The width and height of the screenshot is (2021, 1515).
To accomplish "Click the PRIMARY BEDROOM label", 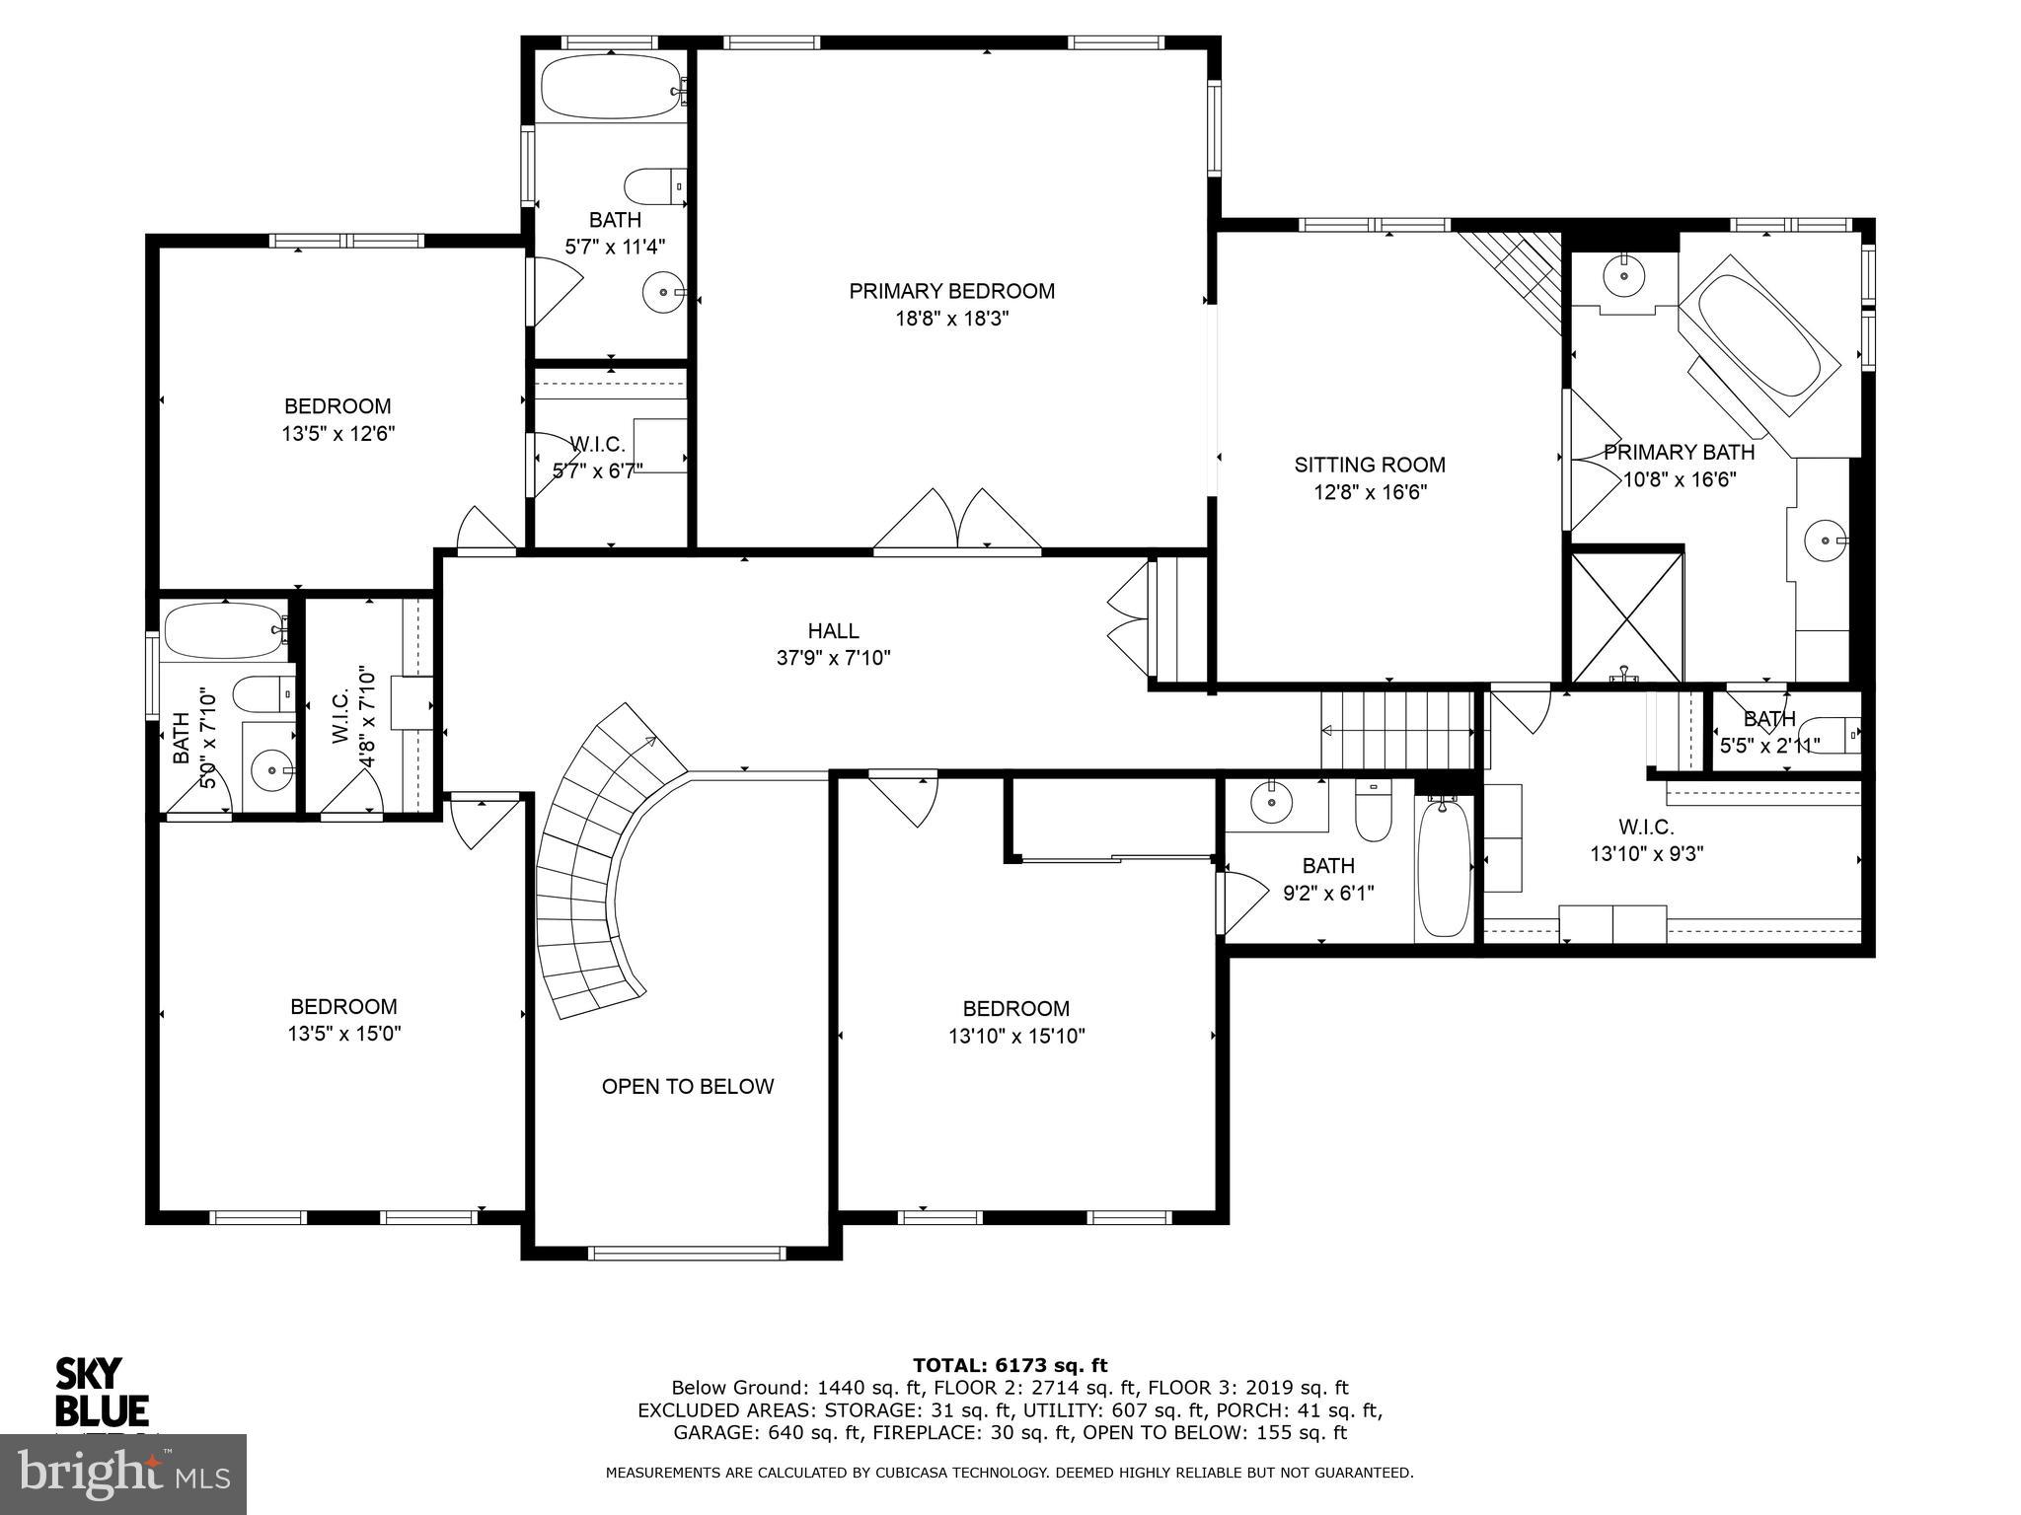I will (951, 291).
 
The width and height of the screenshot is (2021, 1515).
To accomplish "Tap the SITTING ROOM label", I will (1369, 465).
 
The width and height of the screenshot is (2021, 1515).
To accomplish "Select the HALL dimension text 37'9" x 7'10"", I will (833, 658).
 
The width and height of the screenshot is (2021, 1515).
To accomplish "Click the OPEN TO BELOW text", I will (688, 1086).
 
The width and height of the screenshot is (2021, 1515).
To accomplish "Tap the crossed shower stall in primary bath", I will (1626, 617).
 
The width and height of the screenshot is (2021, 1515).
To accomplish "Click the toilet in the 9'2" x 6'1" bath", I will (1373, 811).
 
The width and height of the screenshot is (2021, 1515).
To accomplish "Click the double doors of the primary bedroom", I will (957, 520).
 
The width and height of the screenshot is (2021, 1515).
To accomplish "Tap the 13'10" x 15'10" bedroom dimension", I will (1016, 1037).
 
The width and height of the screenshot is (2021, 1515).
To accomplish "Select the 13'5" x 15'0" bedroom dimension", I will (343, 1035).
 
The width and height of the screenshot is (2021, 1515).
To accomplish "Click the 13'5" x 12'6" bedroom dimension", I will (337, 434).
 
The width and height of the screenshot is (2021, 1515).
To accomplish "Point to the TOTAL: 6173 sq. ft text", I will (1010, 1365).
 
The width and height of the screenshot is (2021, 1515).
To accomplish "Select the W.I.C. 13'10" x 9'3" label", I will (1646, 840).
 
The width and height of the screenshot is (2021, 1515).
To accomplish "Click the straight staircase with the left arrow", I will (1396, 730).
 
